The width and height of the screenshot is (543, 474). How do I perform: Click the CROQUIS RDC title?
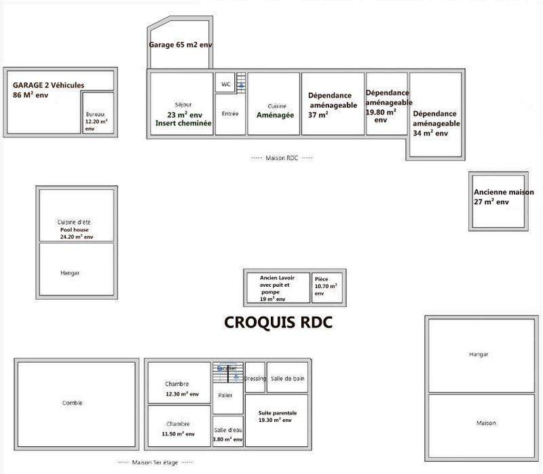(x=278, y=323)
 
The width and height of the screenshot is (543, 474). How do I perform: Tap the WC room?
(x=225, y=84)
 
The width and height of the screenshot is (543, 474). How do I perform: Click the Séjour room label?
(x=183, y=105)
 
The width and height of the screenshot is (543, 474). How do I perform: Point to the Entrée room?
(x=230, y=114)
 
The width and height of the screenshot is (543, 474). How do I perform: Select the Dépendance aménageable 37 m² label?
(x=333, y=104)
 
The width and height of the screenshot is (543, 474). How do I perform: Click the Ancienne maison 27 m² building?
(x=502, y=198)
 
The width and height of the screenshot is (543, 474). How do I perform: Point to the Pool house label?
(x=76, y=230)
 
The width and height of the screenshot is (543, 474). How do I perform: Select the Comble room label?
(x=72, y=403)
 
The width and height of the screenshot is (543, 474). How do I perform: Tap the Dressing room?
(x=255, y=378)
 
